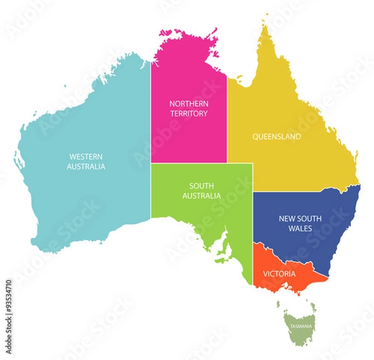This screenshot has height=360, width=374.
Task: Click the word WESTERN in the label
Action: click(86, 156)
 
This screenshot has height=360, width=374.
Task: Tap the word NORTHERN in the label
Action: click(188, 103)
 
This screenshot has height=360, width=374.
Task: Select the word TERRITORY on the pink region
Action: click(188, 114)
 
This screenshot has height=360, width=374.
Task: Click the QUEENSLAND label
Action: click(276, 136)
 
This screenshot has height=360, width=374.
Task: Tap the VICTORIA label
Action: click(279, 273)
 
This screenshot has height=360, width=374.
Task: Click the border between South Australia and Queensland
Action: click(252, 178)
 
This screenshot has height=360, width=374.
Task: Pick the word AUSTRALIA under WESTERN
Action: click(86, 166)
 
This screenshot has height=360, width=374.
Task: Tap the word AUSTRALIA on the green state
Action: click(201, 196)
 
